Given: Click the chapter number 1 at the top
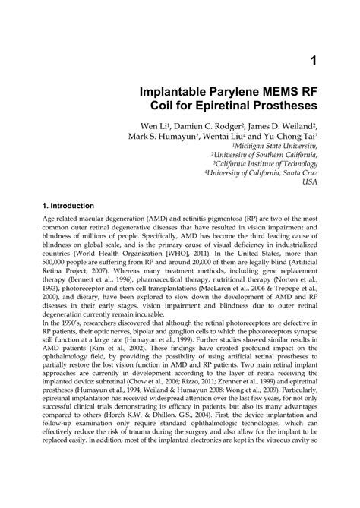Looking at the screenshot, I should point(311,59).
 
